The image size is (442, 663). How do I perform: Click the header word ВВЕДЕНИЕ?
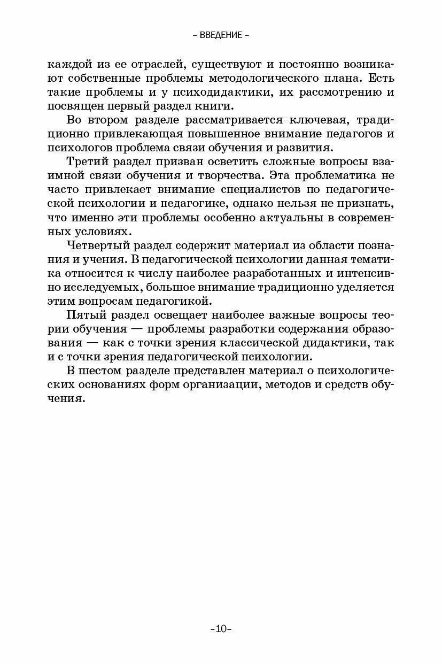click(221, 36)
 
